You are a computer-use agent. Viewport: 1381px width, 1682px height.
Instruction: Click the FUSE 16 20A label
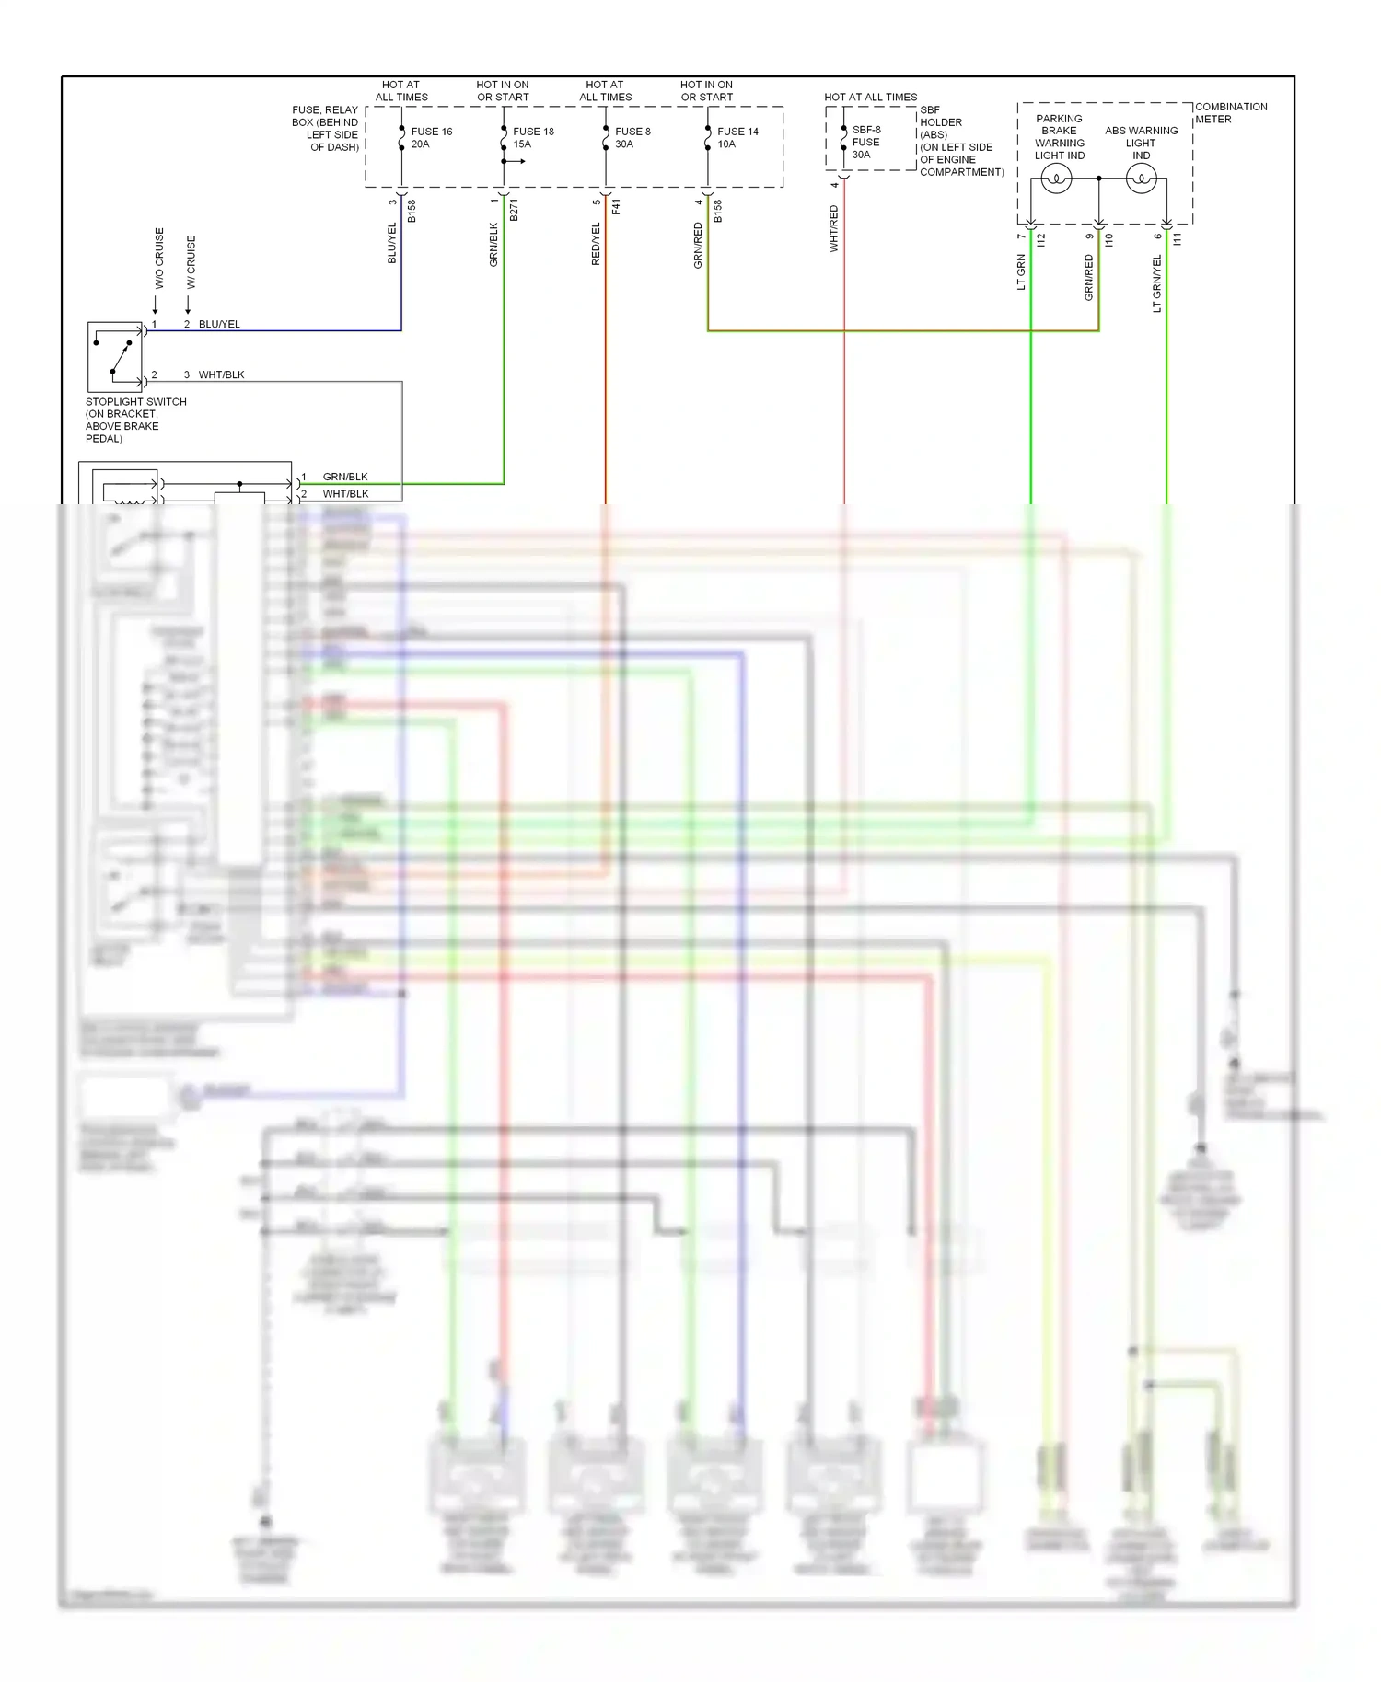click(x=431, y=138)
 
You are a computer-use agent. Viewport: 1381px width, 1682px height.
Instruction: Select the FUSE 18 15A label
click(x=532, y=138)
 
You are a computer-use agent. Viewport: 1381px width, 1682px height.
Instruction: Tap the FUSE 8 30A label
click(x=632, y=138)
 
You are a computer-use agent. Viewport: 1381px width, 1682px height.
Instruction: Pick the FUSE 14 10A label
click(x=737, y=138)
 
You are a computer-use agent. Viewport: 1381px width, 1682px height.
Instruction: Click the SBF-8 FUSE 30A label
click(x=865, y=143)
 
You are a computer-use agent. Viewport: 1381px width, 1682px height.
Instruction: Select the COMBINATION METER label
click(x=1230, y=113)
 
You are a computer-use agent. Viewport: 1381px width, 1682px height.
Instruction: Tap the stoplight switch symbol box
click(x=115, y=357)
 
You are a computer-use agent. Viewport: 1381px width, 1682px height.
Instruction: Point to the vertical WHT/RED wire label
click(x=834, y=229)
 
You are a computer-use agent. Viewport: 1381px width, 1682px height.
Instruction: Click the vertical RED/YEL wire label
click(x=596, y=244)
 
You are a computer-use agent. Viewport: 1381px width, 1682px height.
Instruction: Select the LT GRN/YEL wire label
click(x=1157, y=283)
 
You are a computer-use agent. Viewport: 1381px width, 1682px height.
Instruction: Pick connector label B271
click(x=514, y=210)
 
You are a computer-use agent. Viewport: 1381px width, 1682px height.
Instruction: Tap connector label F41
click(x=616, y=207)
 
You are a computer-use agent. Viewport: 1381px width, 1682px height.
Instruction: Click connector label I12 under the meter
click(x=1041, y=239)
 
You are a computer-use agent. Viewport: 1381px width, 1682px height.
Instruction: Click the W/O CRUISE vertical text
click(x=159, y=259)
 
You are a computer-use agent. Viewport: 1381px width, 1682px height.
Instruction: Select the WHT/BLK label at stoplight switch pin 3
click(x=221, y=375)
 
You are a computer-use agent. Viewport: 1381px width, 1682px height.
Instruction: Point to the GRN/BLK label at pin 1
click(x=345, y=477)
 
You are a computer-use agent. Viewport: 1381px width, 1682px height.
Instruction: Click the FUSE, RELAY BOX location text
click(x=325, y=129)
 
